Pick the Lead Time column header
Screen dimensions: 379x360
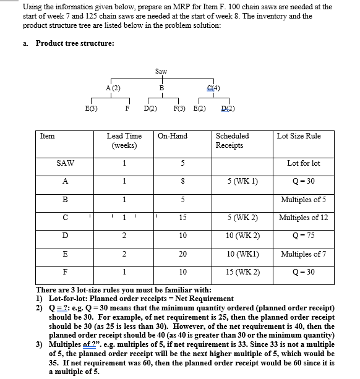(124, 140)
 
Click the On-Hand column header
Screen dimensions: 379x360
(173, 135)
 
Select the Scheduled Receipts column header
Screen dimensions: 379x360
(232, 140)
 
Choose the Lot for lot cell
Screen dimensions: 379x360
(304, 164)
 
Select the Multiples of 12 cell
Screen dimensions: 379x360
(304, 218)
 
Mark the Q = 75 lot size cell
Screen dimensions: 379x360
(304, 236)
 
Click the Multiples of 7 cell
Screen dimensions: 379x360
(304, 253)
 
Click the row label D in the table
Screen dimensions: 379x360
(65, 236)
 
